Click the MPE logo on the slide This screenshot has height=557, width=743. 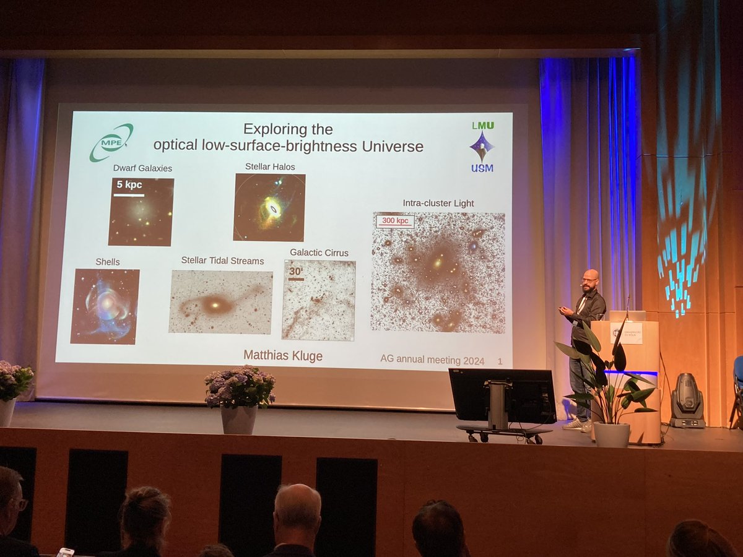click(x=111, y=142)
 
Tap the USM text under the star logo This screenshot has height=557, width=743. click(x=482, y=168)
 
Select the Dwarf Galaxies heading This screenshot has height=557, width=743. click(x=142, y=168)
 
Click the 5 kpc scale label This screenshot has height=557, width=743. click(x=129, y=185)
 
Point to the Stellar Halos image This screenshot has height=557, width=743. click(x=269, y=207)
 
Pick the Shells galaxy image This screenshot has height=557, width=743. click(x=105, y=306)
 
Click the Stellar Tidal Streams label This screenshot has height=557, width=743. click(x=222, y=261)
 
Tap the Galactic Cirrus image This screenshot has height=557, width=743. click(x=319, y=300)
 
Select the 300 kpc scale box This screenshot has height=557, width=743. click(x=395, y=221)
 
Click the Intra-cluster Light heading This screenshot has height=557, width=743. click(x=438, y=203)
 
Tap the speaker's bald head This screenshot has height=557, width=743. click(x=590, y=277)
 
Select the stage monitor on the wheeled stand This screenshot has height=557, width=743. click(x=502, y=396)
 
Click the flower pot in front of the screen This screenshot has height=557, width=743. click(x=239, y=420)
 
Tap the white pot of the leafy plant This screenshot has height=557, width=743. click(x=611, y=434)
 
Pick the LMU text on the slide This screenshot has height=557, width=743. click(x=482, y=125)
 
